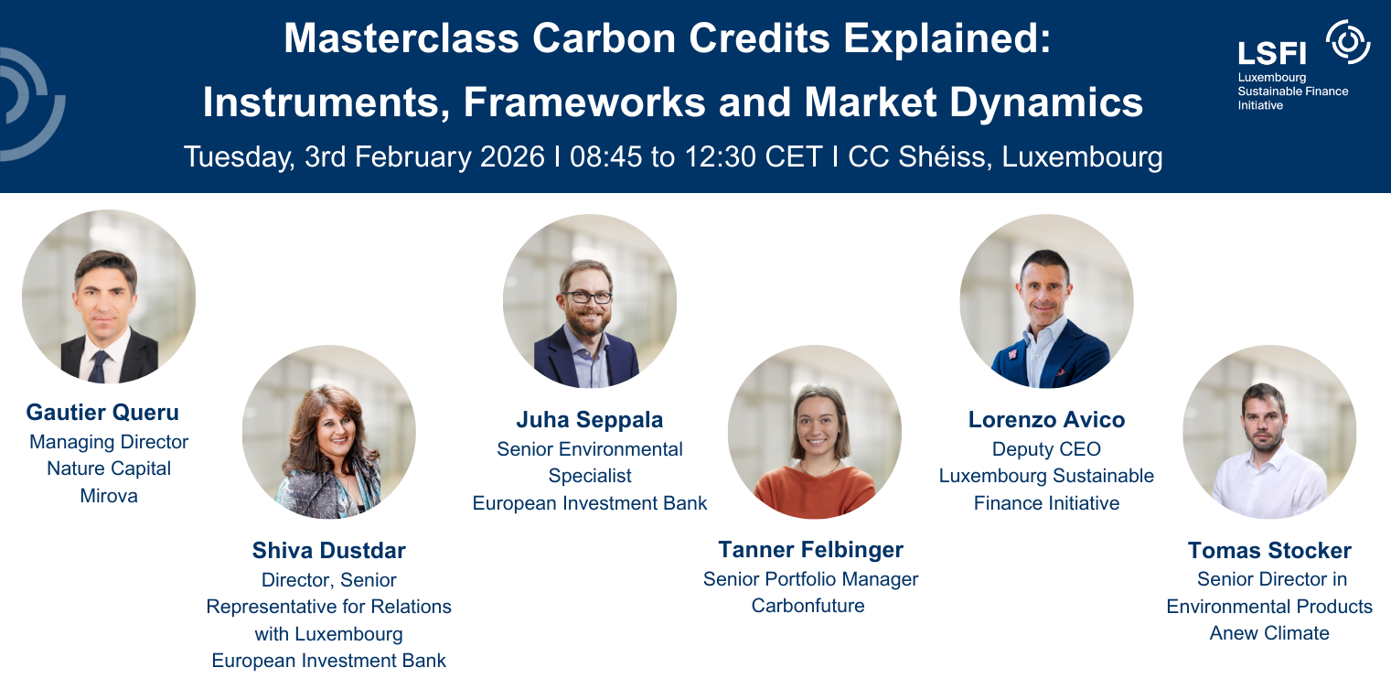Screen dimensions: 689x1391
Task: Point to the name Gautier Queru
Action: pos(102,413)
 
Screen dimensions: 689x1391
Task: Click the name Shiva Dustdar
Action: pos(328,550)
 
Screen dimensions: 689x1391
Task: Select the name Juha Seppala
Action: pos(590,420)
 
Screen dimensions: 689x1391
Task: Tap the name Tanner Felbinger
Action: pos(810,550)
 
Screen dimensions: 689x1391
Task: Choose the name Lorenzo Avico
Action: pos(1046,420)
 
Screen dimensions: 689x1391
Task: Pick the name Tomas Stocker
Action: pos(1269,550)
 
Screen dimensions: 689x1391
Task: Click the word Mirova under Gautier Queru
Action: pos(109,497)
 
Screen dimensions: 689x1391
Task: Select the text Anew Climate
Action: pos(1269,633)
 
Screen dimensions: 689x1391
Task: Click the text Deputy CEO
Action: pos(1046,449)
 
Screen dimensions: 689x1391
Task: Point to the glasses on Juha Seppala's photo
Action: pos(587,297)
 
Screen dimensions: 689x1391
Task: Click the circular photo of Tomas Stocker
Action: pos(1269,432)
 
